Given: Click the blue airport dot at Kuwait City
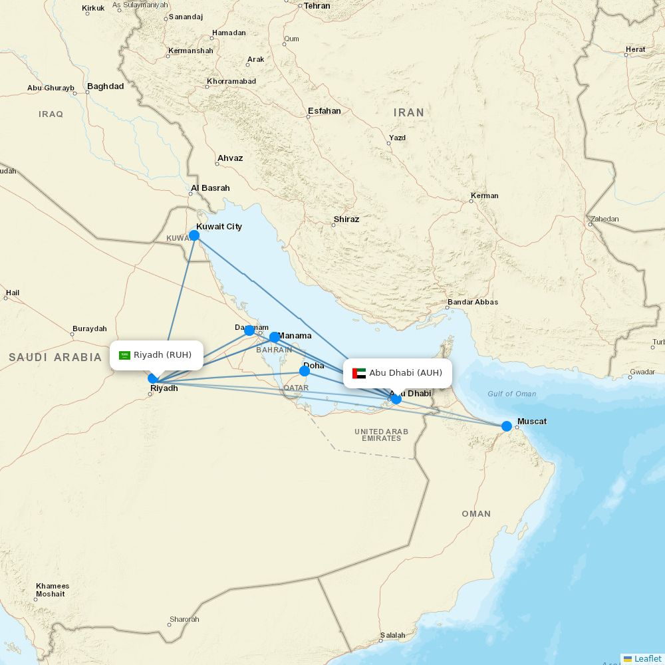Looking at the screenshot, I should click(194, 235).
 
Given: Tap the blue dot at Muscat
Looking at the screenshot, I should click(507, 426).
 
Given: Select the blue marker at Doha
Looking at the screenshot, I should click(305, 371).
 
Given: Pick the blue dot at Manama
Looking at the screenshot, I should click(274, 337).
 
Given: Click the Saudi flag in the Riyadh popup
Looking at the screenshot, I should click(124, 355).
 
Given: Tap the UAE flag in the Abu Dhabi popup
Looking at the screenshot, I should click(359, 373).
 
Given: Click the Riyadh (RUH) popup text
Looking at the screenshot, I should click(162, 354).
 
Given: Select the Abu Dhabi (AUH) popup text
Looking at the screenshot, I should click(405, 372).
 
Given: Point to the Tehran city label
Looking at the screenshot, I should click(317, 5).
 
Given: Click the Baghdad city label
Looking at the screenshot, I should click(105, 86).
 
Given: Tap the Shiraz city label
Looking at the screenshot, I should click(346, 219).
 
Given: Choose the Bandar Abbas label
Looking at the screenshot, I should click(473, 302).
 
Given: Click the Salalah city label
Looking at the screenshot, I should click(392, 635).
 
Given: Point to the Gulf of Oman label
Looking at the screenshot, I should click(511, 394).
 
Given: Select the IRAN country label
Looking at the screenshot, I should click(408, 113).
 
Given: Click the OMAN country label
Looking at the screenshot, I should click(476, 513).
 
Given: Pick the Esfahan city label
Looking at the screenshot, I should click(324, 111).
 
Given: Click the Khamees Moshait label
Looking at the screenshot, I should click(52, 590).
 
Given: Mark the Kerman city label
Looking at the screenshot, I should click(484, 196).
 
